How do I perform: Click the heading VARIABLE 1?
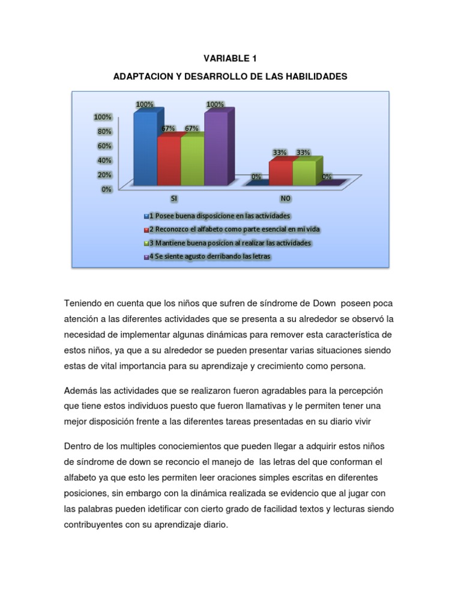[230, 58]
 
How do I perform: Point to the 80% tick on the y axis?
[104, 131]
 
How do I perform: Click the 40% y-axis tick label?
[104, 160]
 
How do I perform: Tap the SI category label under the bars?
[174, 198]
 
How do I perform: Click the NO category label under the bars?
[285, 198]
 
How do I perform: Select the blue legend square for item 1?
[145, 216]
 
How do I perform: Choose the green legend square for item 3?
[145, 243]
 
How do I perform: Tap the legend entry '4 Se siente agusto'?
[210, 257]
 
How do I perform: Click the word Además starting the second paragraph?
[81, 390]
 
